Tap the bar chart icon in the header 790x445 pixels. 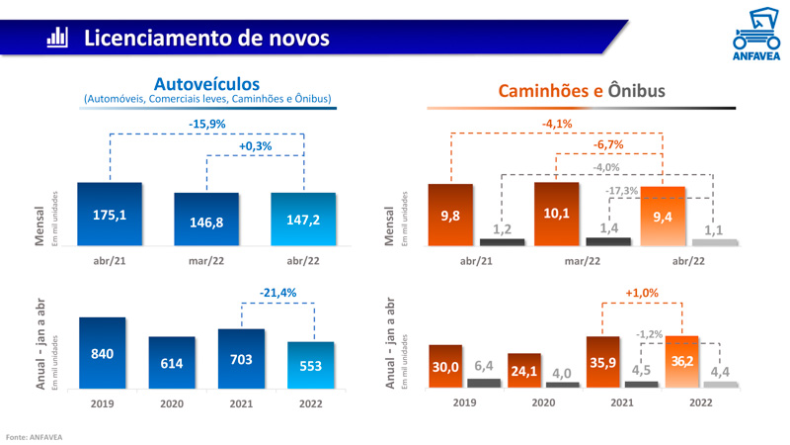coord(57,39)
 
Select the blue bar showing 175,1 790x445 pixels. coord(110,214)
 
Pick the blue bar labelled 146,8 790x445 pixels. coord(206,220)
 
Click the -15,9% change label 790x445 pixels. coord(207,125)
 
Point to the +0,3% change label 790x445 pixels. coord(256,146)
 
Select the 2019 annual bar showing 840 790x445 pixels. coord(102,353)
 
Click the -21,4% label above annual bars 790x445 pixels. coord(277,293)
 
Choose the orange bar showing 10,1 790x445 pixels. coord(556,214)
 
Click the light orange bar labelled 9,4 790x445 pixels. coord(663,217)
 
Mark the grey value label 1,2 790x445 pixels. coord(502,229)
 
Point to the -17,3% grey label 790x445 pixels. coord(621,190)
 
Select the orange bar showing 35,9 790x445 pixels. coord(602,362)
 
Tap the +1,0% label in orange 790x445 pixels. coord(641,293)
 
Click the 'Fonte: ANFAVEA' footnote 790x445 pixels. coord(34,435)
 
